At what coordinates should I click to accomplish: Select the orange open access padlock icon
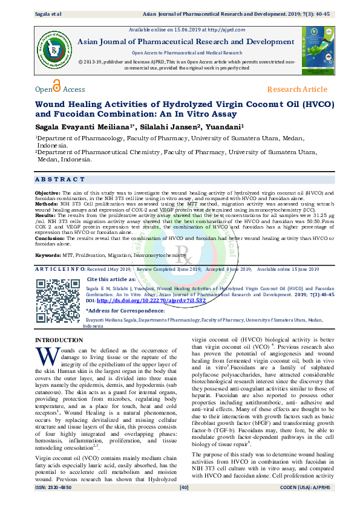[x=57, y=86]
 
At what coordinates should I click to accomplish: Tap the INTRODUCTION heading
[x=60, y=341]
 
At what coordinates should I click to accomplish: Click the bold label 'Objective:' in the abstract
[x=47, y=191]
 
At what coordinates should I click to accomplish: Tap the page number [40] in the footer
[x=185, y=504]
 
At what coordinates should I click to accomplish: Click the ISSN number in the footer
[x=53, y=504]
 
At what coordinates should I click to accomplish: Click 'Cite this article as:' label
[x=113, y=279]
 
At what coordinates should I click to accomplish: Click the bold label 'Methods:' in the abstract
[x=47, y=205]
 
